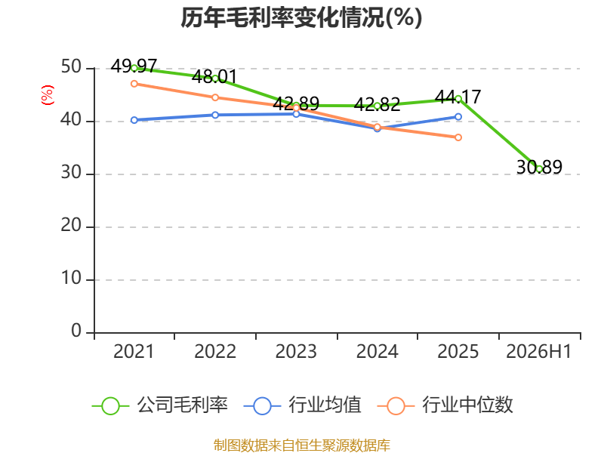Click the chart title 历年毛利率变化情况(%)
click(x=301, y=17)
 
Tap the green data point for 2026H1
click(x=539, y=168)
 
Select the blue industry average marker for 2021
click(x=134, y=120)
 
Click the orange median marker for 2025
click(x=458, y=137)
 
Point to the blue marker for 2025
click(x=458, y=117)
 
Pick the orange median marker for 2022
click(x=215, y=97)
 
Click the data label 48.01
click(x=214, y=77)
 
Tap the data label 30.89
click(x=539, y=167)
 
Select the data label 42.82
click(x=377, y=104)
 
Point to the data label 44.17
click(x=458, y=97)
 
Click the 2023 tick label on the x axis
click(x=296, y=351)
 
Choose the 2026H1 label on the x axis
click(x=539, y=351)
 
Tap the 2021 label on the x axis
click(x=134, y=351)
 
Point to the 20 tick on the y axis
click(x=71, y=225)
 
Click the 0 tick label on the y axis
click(x=76, y=331)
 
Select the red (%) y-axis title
click(x=48, y=95)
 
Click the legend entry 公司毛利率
click(x=160, y=405)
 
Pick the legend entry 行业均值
click(x=303, y=405)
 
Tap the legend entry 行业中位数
click(x=445, y=405)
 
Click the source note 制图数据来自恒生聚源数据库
click(x=302, y=445)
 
